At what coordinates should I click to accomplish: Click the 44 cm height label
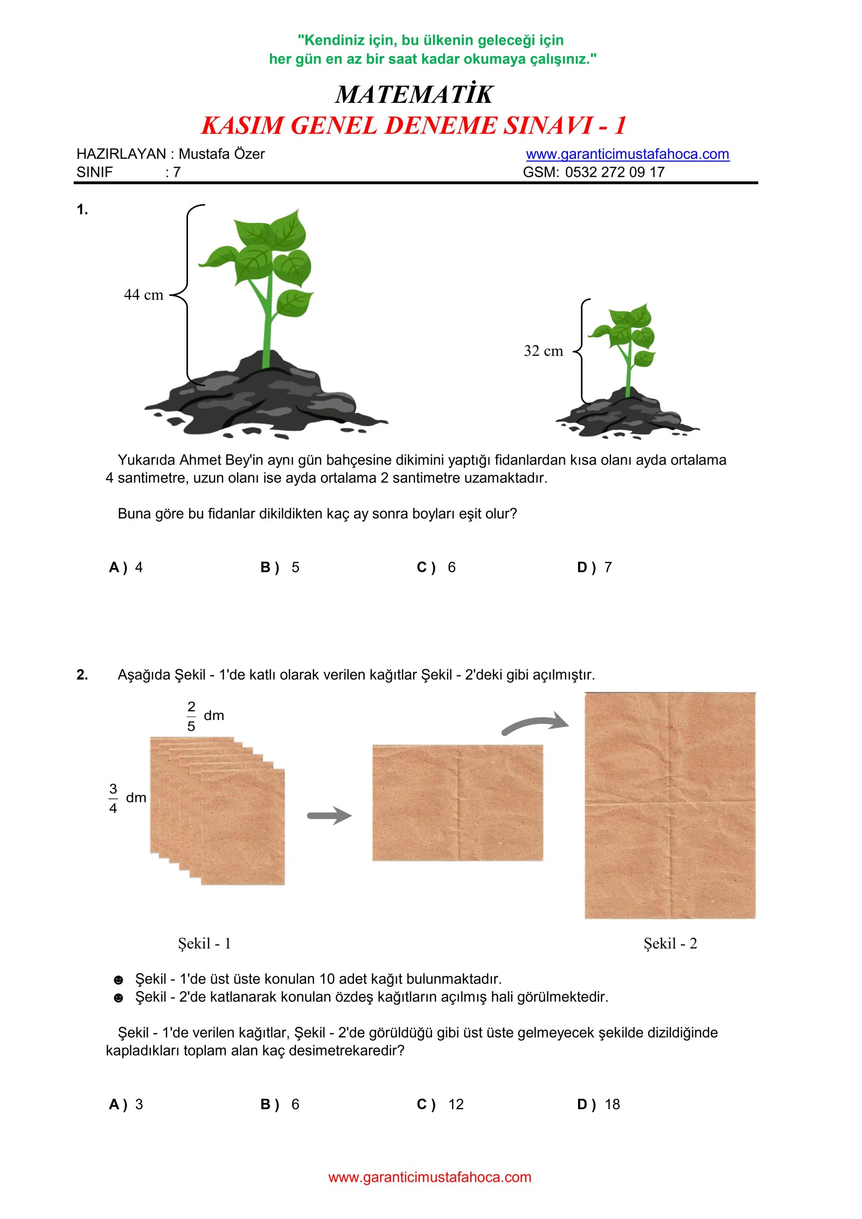click(x=143, y=295)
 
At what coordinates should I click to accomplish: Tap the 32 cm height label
click(x=543, y=351)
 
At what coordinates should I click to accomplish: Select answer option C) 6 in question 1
click(x=436, y=567)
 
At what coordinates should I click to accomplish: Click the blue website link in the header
click(x=627, y=154)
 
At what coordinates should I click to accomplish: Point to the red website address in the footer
click(x=429, y=1177)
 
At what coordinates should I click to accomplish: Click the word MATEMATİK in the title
click(x=413, y=95)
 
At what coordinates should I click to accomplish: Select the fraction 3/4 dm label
click(x=127, y=798)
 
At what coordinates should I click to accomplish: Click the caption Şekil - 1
click(x=204, y=943)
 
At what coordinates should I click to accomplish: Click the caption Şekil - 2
click(x=670, y=943)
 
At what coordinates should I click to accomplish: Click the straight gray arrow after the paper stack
click(x=329, y=815)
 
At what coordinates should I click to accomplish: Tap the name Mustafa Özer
click(x=221, y=154)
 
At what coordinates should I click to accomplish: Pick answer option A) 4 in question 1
click(x=126, y=567)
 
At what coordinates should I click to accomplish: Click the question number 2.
click(x=82, y=675)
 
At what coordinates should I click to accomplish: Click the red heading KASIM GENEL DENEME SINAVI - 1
click(x=413, y=126)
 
